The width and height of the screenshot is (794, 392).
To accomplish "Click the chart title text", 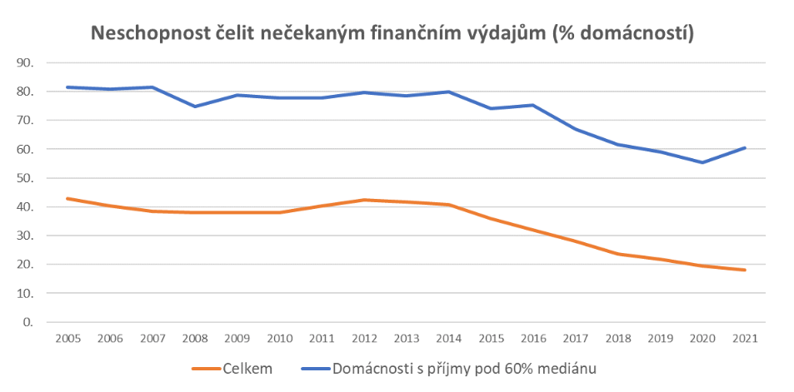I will (392, 34).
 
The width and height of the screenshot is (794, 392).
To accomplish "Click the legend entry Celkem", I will (242, 367).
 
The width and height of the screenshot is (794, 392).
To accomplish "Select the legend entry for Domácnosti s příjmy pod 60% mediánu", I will (466, 367).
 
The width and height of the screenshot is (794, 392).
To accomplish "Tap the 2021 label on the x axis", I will (744, 339).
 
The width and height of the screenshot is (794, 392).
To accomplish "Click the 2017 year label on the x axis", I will (574, 339).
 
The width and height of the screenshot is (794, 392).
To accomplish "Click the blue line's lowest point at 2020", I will (702, 162).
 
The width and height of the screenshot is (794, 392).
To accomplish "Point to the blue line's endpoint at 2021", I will (744, 147).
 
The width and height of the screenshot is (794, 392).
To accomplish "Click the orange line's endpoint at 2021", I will (744, 270).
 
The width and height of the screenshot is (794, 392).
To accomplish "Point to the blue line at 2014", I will (447, 92).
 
